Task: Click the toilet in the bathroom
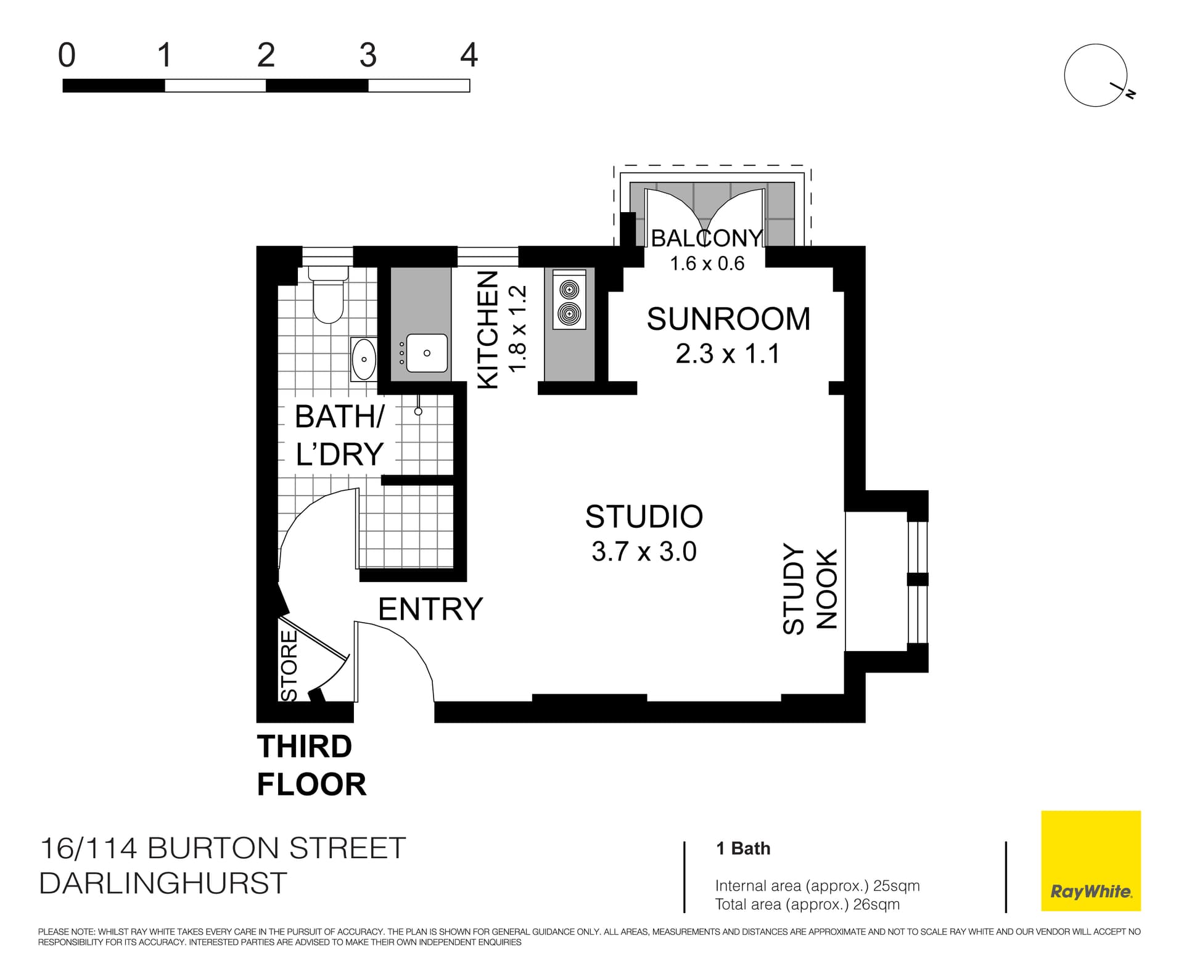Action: coord(328,296)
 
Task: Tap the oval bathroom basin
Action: coord(363,359)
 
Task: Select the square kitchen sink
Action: coord(427,353)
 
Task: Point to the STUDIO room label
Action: coord(644,517)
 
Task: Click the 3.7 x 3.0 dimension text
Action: coord(644,551)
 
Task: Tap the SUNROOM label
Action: coord(728,319)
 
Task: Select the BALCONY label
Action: coord(707,238)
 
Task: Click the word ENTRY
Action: coord(430,609)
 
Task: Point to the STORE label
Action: coord(289,665)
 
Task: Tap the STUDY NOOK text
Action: coord(810,589)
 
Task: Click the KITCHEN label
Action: coord(488,330)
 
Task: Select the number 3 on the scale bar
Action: coord(368,55)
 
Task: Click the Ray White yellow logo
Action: coord(1090,861)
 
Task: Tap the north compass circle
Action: coord(1095,75)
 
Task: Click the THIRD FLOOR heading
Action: coord(311,765)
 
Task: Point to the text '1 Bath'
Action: coord(743,848)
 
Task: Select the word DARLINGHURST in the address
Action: coord(163,883)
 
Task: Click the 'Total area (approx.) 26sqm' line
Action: coord(807,904)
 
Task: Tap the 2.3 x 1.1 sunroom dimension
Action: coord(728,354)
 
